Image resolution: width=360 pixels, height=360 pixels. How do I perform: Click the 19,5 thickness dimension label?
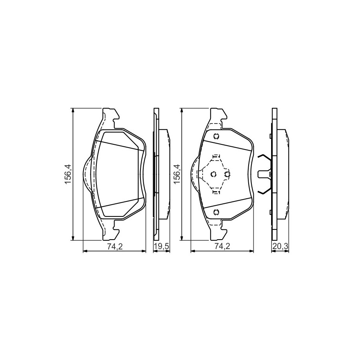click(x=161, y=246)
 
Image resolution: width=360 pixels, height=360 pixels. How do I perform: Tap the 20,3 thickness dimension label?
click(x=280, y=246)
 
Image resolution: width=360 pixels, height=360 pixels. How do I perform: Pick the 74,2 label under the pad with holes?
click(x=222, y=246)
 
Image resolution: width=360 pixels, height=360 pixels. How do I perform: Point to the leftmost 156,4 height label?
click(x=68, y=174)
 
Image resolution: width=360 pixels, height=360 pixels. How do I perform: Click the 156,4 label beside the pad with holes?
click(x=177, y=174)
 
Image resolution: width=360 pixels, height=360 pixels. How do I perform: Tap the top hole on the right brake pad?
click(x=216, y=136)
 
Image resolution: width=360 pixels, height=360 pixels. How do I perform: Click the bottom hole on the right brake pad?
click(x=216, y=212)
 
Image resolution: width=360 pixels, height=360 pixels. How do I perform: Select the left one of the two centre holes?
click(x=214, y=174)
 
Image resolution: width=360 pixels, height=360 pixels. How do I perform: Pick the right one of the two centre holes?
click(x=227, y=174)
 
